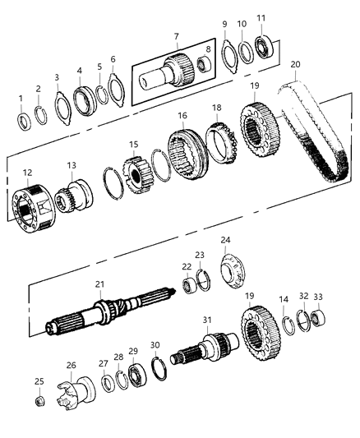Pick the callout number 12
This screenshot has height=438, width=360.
(27, 173)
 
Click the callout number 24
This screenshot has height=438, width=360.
(224, 240)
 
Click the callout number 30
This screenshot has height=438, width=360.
(155, 345)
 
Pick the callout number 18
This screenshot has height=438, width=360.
(217, 108)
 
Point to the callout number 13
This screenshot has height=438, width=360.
(72, 165)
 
